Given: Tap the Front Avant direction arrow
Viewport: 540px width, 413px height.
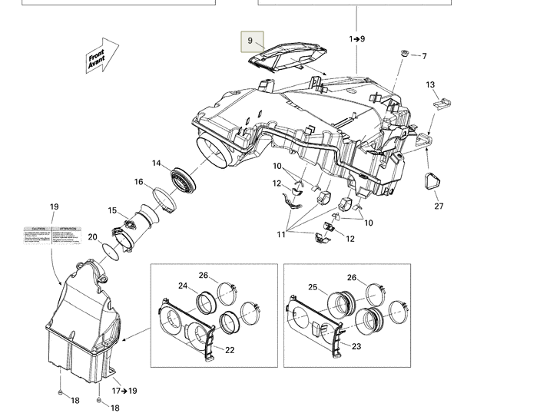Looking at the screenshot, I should [x=101, y=58].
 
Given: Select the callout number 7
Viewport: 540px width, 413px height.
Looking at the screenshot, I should [x=424, y=56].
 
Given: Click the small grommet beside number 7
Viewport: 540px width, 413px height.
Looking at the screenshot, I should [x=403, y=55].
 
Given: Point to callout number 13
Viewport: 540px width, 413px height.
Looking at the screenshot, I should [x=430, y=85].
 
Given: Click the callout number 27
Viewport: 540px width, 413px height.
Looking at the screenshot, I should [x=439, y=206].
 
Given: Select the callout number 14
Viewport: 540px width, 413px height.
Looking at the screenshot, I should [x=157, y=164].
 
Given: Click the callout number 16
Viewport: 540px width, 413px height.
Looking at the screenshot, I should [x=139, y=182].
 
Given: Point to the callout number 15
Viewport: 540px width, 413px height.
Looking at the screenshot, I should [x=112, y=211].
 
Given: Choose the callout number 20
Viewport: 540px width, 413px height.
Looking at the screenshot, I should [x=92, y=237].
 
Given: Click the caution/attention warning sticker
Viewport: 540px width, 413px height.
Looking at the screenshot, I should [x=52, y=236].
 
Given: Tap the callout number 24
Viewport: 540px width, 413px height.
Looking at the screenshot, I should [x=184, y=286].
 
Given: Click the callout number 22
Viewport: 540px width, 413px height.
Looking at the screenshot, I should [x=229, y=349].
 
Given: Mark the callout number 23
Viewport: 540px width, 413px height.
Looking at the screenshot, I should [x=356, y=346].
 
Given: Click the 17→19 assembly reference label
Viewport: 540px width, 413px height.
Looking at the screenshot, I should [x=124, y=391].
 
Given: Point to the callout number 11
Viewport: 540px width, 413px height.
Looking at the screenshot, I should [x=281, y=234].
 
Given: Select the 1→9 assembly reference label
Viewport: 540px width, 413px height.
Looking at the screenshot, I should [x=357, y=38].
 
